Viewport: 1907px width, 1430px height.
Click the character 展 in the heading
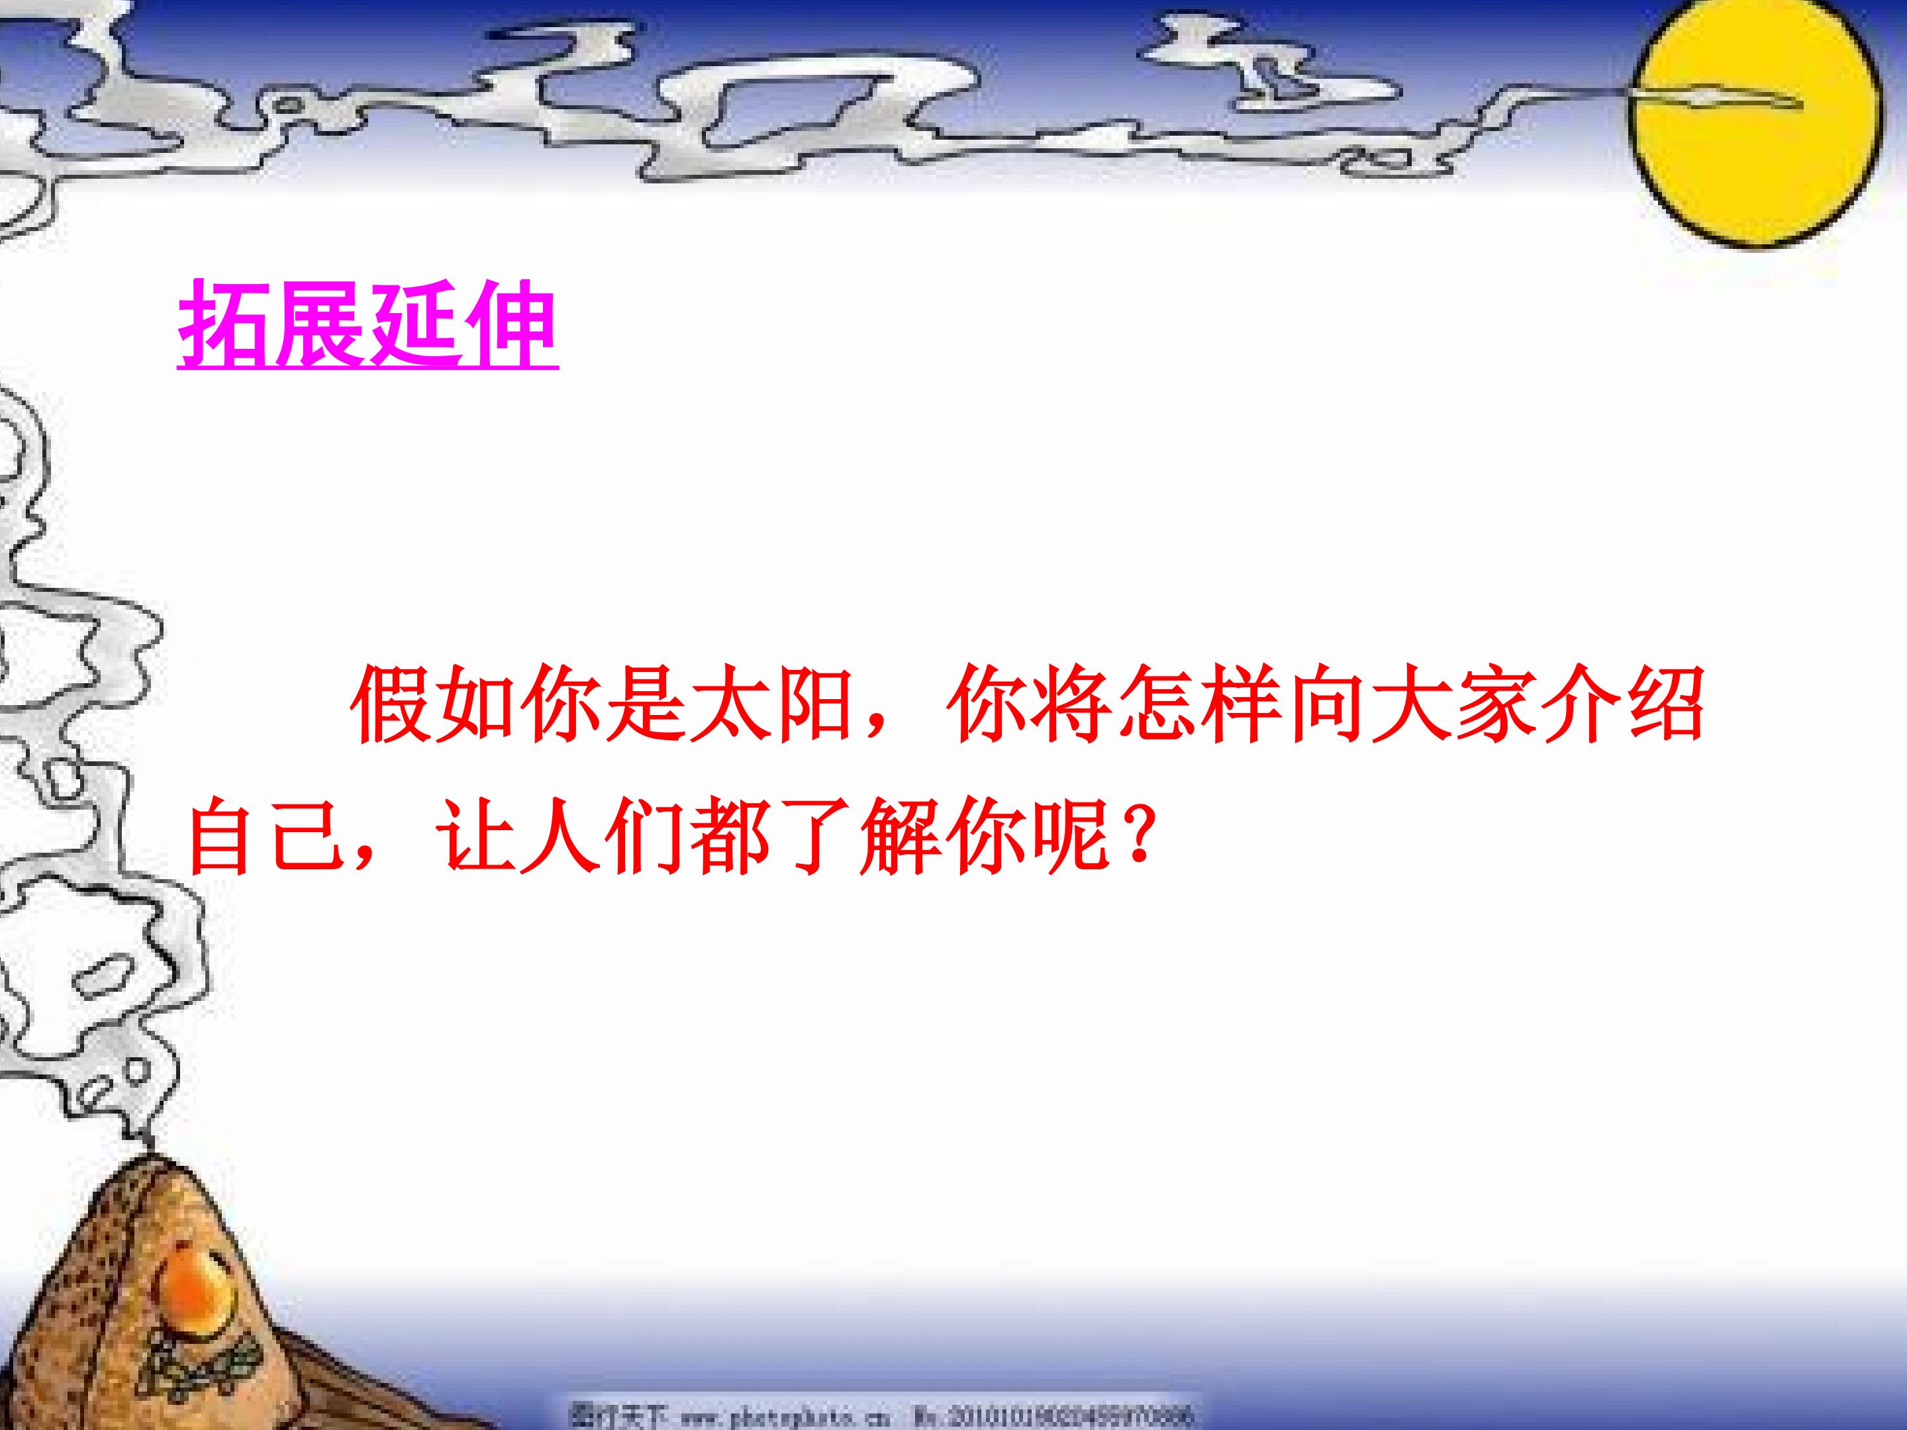pos(320,324)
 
